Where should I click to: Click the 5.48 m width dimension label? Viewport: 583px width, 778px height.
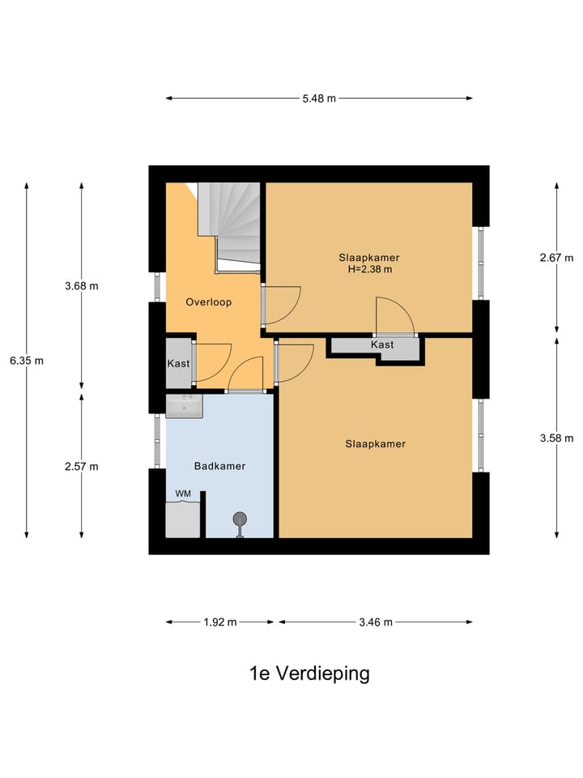pos(319,99)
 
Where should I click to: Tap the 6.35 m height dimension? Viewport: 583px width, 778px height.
pos(27,361)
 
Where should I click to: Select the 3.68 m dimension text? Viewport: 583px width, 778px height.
pos(82,286)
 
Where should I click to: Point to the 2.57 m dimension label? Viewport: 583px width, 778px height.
pos(82,466)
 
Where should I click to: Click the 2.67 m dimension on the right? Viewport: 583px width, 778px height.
pos(556,259)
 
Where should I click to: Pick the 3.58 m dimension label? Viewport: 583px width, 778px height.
pos(556,438)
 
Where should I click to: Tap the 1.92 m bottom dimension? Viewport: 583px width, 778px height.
pos(220,622)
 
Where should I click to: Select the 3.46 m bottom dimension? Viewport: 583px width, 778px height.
pos(376,622)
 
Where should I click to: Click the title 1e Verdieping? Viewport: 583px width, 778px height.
pos(309,673)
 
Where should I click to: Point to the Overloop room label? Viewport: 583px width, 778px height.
pos(208,302)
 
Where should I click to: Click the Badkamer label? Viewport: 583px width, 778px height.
pos(219,466)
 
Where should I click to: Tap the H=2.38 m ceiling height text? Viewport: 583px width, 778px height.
pos(369,270)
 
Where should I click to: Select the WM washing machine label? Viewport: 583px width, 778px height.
pos(182,494)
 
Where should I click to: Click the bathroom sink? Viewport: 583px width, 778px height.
pos(184,406)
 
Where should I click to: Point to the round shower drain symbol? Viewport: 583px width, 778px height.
pos(240,519)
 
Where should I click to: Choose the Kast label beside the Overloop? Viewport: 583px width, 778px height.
pos(178,364)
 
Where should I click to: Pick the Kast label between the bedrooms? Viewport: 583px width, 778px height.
pos(382,345)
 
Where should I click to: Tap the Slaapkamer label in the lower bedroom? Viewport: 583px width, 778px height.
pos(375,444)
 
